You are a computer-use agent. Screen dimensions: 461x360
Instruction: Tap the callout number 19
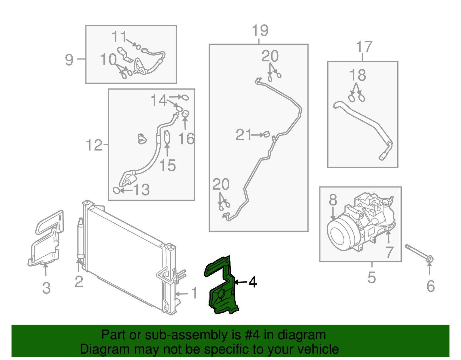click(x=260, y=31)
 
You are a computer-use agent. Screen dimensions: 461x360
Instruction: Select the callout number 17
click(x=364, y=47)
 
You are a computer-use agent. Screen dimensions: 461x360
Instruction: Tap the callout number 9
click(x=69, y=60)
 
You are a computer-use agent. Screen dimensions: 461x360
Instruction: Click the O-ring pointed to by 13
click(x=116, y=190)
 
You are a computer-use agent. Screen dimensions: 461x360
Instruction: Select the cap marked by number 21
click(x=267, y=134)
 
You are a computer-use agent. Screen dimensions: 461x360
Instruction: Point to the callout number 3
click(x=46, y=288)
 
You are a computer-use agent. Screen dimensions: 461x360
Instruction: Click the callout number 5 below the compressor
click(x=371, y=277)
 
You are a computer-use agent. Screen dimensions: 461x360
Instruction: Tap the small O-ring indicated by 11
click(x=138, y=47)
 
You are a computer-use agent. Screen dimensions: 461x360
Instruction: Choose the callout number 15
click(x=167, y=165)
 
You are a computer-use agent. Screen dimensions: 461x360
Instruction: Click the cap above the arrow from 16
click(x=186, y=114)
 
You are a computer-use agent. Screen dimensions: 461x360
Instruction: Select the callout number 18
click(x=358, y=75)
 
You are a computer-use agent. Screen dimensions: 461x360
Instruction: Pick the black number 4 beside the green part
click(x=252, y=282)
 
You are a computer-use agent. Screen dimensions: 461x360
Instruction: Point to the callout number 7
click(x=389, y=252)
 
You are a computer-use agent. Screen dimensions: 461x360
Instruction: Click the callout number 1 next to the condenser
click(x=194, y=293)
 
